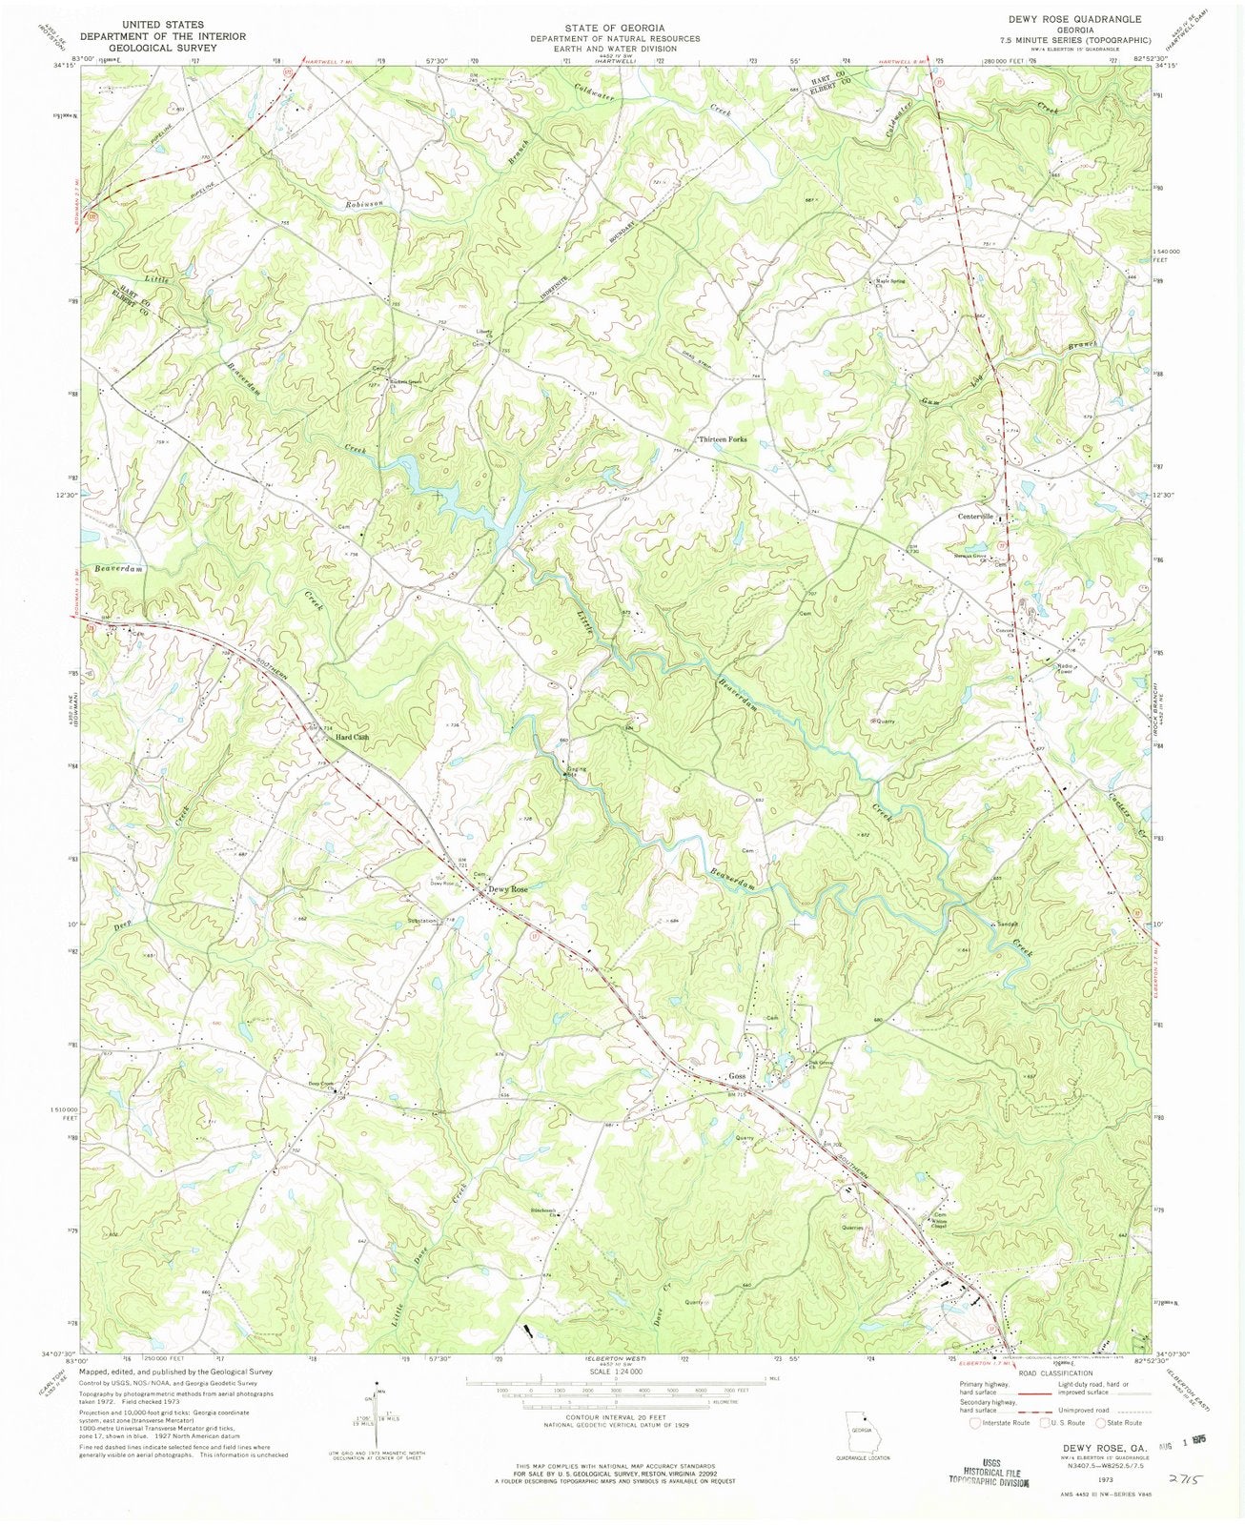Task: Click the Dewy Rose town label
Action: tap(508, 889)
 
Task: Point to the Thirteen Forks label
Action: tap(722, 439)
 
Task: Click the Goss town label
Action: tap(736, 1076)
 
